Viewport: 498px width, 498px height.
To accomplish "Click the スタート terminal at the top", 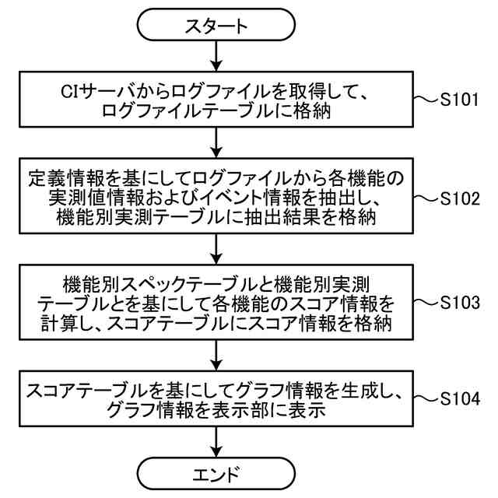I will pyautogui.click(x=216, y=26).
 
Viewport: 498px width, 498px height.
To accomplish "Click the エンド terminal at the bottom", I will pyautogui.click(x=216, y=473).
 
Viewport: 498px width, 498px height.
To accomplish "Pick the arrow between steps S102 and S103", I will pyautogui.click(x=216, y=247).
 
